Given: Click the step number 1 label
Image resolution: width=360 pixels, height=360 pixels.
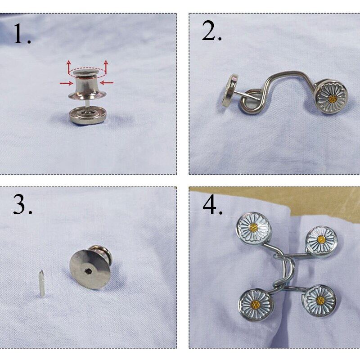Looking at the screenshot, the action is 22,34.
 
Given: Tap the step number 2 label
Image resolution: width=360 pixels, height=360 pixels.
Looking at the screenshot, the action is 211,31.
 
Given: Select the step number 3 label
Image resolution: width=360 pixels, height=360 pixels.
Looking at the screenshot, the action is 22,205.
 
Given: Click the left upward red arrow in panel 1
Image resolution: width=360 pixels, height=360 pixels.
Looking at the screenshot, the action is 69,67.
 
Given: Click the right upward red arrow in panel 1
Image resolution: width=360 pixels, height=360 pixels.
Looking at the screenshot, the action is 106,67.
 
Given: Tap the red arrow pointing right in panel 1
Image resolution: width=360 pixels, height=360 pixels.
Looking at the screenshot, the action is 66,83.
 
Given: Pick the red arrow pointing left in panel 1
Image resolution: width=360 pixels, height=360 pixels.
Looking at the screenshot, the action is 107,83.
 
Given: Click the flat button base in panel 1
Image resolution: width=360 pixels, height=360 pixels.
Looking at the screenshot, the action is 88,116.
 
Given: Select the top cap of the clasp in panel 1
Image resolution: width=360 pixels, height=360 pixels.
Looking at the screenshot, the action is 88,73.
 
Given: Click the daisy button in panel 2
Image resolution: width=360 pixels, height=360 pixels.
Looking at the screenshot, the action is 331,97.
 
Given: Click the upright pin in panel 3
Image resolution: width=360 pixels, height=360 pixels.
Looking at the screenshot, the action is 41,283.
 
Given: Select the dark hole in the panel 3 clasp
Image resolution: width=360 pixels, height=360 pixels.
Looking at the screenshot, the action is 89,271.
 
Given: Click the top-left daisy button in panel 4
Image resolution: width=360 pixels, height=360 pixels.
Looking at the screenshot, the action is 254,228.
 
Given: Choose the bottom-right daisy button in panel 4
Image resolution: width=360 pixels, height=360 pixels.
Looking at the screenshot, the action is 320,301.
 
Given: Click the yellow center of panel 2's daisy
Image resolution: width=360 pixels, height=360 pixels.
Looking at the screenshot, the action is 332,99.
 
